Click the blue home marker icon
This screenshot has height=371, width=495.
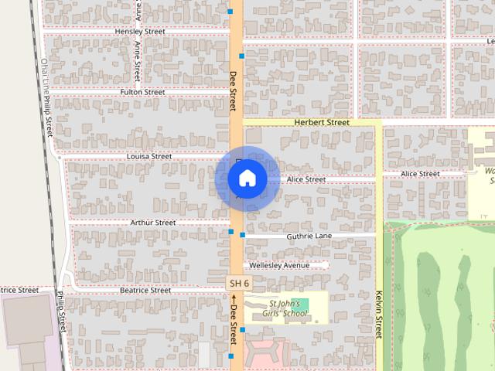(x=247, y=179)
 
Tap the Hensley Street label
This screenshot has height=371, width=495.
(x=140, y=32)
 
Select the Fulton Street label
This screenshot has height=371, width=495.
(x=142, y=92)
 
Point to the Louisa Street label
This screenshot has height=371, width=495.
(x=149, y=156)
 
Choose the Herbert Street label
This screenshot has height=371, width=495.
(x=322, y=122)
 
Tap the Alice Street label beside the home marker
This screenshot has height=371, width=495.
(x=306, y=179)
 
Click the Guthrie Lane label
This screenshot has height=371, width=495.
(x=309, y=236)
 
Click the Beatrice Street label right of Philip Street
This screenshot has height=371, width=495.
(x=145, y=291)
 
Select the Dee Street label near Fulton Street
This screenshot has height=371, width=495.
(x=233, y=91)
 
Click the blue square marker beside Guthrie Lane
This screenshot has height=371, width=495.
(x=242, y=234)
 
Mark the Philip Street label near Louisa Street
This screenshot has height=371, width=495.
(x=47, y=113)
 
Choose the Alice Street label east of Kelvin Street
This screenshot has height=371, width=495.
(x=422, y=174)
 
